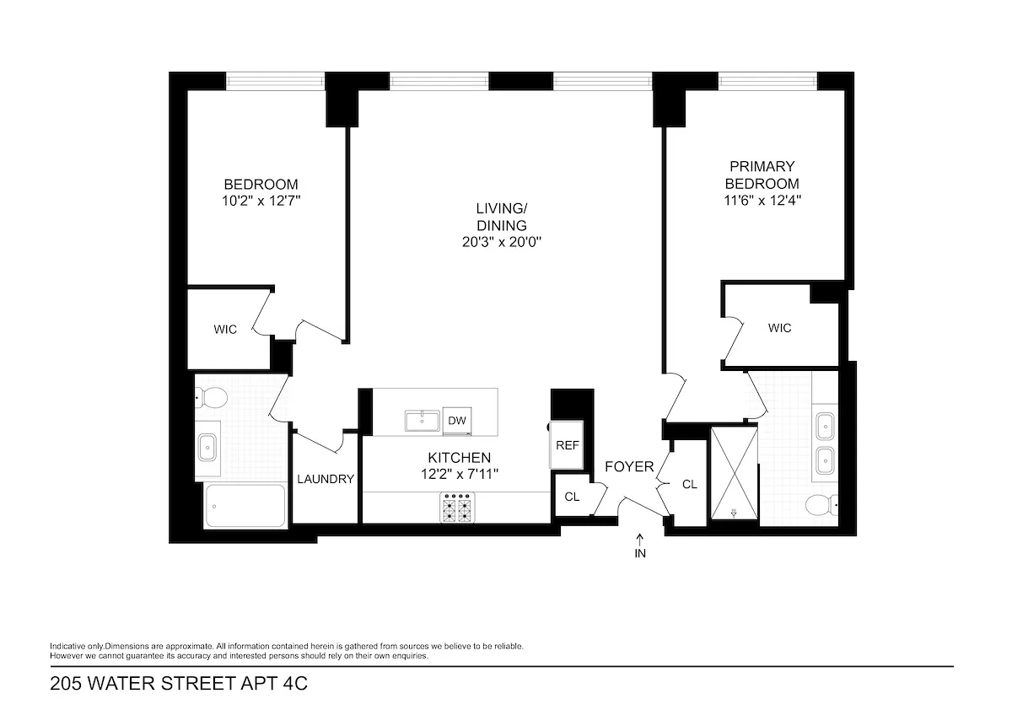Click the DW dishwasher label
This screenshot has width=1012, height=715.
457,420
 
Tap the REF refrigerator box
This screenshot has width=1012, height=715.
567,444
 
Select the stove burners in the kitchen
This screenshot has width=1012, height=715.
457,508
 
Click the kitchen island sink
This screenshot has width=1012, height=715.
419,420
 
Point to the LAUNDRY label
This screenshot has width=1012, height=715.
326,479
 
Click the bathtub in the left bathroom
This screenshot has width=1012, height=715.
245,505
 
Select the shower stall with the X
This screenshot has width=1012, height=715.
734,475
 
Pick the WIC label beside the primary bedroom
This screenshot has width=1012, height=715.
779,328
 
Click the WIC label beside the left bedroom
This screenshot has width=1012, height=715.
225,330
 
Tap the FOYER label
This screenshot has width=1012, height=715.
628,466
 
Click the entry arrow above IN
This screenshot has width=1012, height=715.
639,540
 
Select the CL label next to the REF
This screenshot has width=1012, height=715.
572,497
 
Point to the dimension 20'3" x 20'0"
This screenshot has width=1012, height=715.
501,242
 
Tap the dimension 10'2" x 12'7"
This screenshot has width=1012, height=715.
261,201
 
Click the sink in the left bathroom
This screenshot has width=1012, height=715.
208,448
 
